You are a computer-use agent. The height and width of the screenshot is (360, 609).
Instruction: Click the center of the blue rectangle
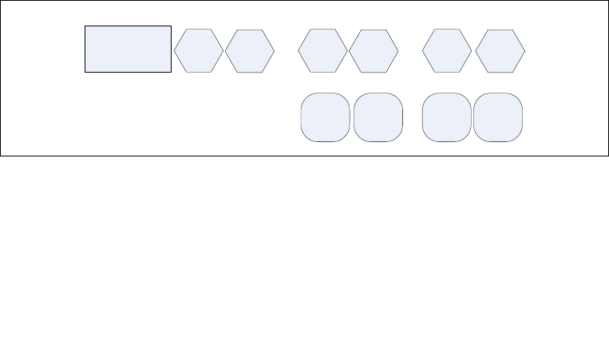[x=129, y=49]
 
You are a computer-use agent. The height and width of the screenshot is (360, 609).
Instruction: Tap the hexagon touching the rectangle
[x=199, y=50]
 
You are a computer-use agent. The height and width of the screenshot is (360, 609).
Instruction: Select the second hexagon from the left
[x=250, y=51]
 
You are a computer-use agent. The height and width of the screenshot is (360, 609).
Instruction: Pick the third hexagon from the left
[x=322, y=50]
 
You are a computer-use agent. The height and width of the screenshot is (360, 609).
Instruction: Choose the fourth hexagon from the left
[x=374, y=51]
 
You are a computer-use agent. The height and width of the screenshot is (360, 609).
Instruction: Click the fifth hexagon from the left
[x=447, y=50]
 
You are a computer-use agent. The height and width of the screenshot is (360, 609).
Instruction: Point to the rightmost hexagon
[x=500, y=51]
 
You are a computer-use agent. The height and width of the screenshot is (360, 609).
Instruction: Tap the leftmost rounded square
[x=325, y=117]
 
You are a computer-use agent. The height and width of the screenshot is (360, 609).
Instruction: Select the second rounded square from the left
[x=378, y=117]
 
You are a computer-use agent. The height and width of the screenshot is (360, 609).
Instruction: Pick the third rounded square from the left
[x=447, y=117]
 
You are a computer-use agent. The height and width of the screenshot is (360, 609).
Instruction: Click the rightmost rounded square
[x=498, y=117]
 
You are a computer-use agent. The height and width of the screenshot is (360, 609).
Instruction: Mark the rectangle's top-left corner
[x=85, y=26]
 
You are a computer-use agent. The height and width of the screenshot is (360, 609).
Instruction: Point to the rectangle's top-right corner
[x=172, y=26]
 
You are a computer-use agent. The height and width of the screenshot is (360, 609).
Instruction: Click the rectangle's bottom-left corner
[x=85, y=73]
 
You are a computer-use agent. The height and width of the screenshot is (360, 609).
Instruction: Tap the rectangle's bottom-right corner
[x=172, y=73]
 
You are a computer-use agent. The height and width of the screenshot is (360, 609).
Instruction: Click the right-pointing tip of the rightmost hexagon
[x=525, y=51]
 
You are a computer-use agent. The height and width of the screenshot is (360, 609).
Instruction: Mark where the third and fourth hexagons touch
[x=348, y=51]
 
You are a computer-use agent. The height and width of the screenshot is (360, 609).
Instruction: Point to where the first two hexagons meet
[x=224, y=51]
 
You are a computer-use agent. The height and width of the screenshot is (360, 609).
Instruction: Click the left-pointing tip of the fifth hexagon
[x=421, y=50]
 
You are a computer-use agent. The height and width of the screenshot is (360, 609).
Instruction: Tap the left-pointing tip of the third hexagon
[x=297, y=50]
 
